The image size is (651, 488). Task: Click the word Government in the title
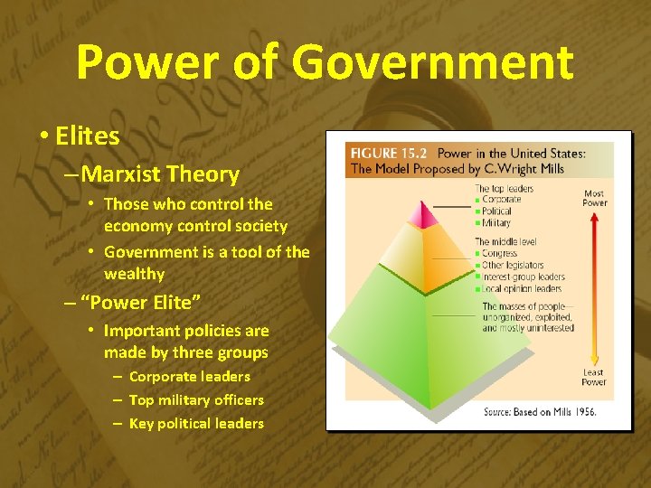tap(434, 62)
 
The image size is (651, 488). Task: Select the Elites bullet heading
tap(87, 136)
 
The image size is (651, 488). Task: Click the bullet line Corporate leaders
tap(189, 376)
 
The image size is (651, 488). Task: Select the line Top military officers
tap(196, 399)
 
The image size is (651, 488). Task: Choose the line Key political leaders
tap(196, 423)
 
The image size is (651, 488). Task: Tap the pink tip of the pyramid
tap(417, 214)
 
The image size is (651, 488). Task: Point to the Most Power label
tap(594, 198)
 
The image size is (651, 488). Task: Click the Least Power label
tap(593, 377)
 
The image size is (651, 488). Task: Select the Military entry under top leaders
tap(496, 222)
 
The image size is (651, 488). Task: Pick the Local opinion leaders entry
tap(523, 289)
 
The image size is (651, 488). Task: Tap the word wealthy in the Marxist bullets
tap(134, 274)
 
